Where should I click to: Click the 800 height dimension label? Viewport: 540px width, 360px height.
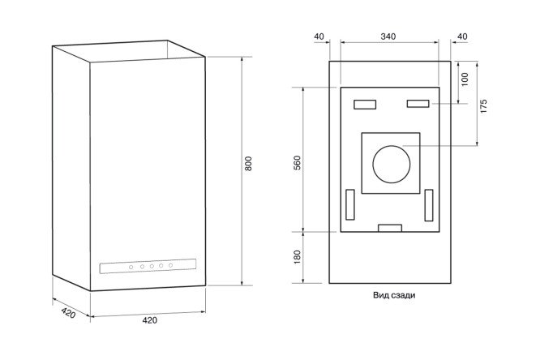click(248, 163)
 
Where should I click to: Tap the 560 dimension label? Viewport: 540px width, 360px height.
click(297, 163)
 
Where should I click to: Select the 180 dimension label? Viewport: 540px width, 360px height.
click(297, 257)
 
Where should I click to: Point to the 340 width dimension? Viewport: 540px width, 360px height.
click(388, 36)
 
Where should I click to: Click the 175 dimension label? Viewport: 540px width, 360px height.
click(483, 106)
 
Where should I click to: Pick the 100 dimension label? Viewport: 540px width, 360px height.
click(465, 79)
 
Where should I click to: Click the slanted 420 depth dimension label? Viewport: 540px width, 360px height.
click(68, 312)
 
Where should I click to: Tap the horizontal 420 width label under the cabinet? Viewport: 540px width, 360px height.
click(150, 320)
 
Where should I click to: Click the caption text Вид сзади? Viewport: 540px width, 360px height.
click(394, 295)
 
